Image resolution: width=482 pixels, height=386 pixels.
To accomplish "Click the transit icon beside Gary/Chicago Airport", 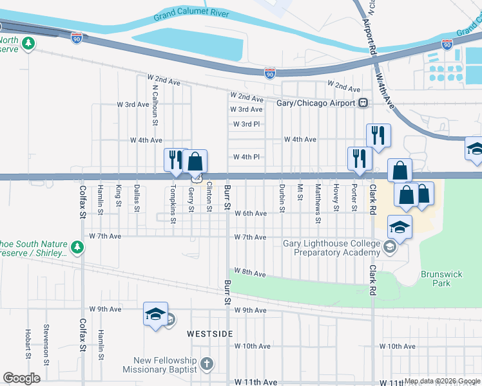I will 363,103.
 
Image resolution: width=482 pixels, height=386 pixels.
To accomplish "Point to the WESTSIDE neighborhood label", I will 209,334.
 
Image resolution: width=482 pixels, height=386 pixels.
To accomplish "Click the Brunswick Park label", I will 441,279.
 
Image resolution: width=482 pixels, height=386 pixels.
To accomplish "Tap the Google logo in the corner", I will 21,378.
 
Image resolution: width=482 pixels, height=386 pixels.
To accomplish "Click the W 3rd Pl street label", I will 246,124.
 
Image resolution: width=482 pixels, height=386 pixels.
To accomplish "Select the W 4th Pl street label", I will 246,157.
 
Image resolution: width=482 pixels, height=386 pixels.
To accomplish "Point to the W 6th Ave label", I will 251,214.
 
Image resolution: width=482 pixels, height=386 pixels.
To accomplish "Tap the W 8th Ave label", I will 250,273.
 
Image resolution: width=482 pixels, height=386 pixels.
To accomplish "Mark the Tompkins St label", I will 173,204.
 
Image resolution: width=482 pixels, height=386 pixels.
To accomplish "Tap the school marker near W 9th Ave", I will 155,314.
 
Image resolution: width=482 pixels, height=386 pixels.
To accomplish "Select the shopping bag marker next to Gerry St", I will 195,161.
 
